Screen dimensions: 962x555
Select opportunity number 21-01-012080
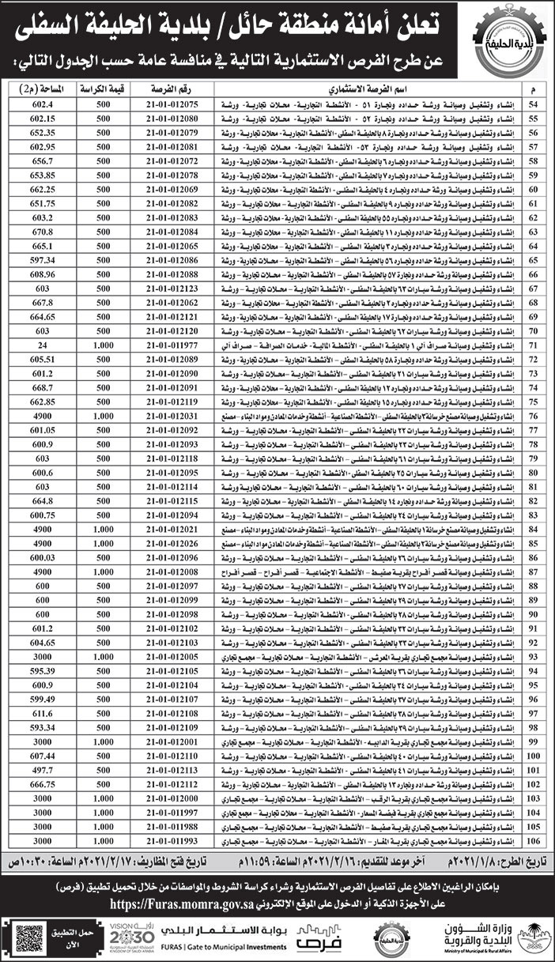pos(172,118)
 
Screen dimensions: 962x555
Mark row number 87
pos(533,571)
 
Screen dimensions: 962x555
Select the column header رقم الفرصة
pos(172,91)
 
